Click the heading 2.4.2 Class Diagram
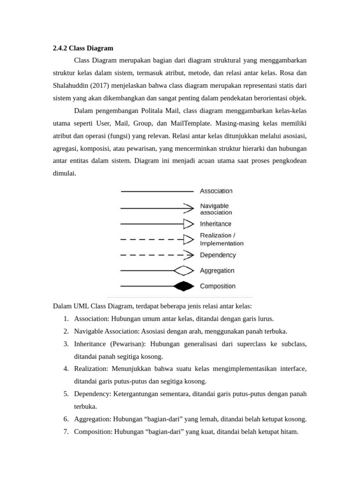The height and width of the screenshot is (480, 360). (83, 48)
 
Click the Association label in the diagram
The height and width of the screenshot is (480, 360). (216, 191)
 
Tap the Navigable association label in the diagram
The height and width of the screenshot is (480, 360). (216, 209)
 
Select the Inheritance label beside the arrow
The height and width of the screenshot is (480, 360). (216, 224)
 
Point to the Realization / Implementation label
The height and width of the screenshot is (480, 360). (221, 240)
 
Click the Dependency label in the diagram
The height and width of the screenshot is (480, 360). (217, 255)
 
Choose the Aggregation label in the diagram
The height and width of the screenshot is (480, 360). (217, 270)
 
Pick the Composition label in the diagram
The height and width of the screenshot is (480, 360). (217, 286)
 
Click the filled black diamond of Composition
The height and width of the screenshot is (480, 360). (183, 286)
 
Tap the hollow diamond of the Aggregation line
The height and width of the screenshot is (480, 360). (183, 270)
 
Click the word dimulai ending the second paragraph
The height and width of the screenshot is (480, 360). (64, 174)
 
